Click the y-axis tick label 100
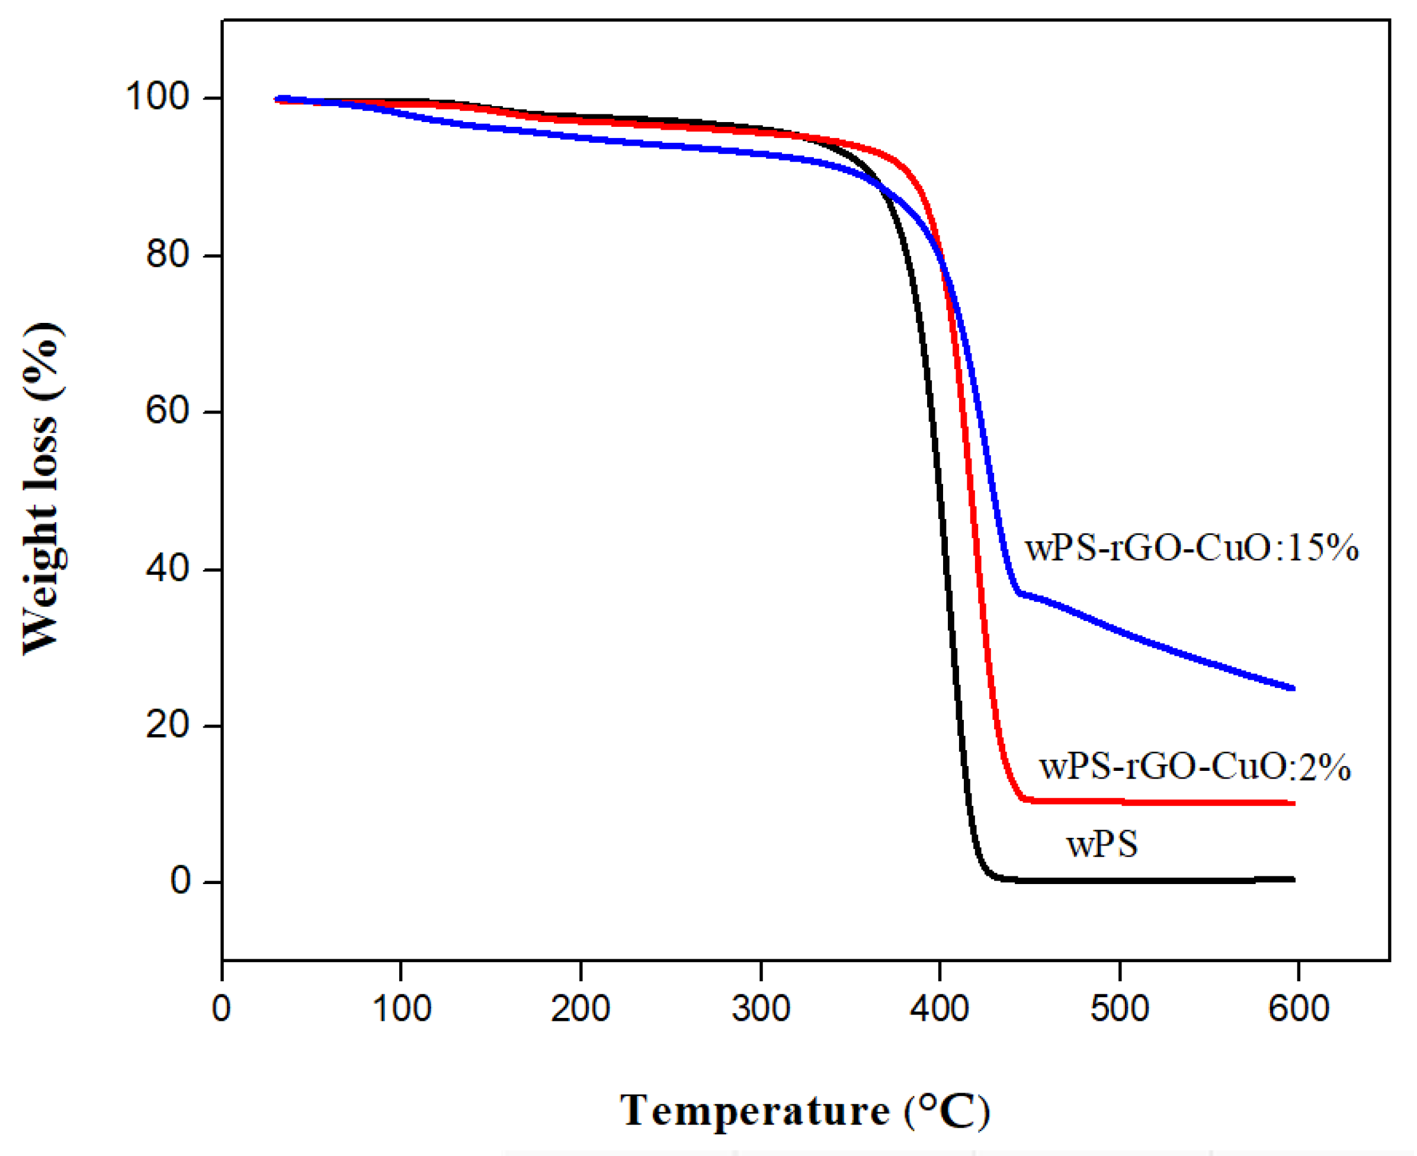158,97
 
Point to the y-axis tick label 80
168,254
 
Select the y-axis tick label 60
168,410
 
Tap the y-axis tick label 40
168,569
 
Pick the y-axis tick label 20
168,725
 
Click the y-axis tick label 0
181,881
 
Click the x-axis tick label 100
401,1008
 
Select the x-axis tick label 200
581,1008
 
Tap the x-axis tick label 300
761,1008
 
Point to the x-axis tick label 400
940,1008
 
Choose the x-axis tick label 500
1120,1008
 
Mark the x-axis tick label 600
1299,1008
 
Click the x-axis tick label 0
222,1008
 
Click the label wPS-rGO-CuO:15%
1191,549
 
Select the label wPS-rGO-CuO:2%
1195,767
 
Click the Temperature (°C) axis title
805,1111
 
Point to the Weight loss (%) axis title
43,489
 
